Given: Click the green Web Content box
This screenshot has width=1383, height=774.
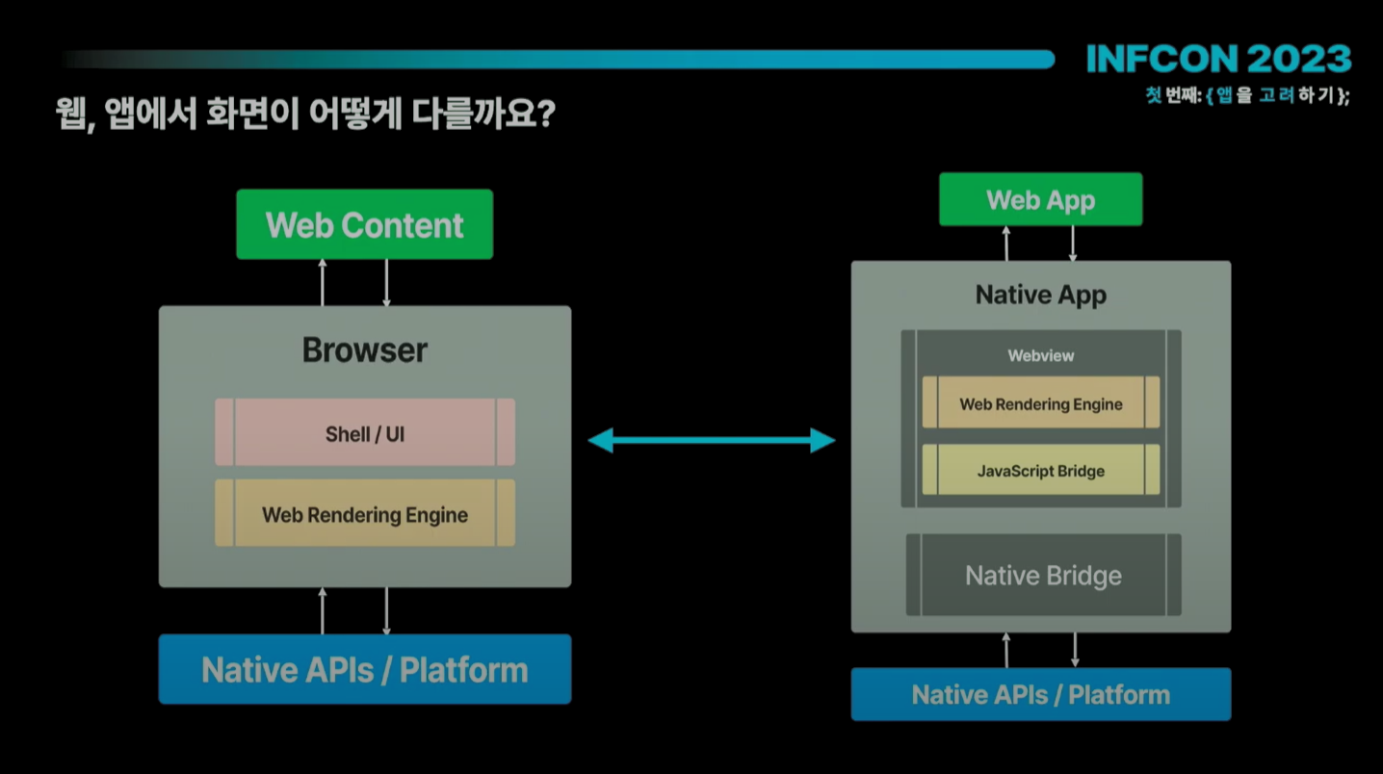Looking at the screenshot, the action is [364, 224].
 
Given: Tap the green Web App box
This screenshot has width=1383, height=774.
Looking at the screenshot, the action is [1040, 199].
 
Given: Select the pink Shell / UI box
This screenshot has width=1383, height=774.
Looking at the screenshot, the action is [365, 432].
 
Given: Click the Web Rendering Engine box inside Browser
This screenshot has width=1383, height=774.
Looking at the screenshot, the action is [365, 513].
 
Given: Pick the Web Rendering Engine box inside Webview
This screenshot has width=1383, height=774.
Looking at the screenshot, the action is [1040, 402].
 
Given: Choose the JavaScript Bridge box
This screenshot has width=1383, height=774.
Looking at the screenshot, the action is [1040, 470].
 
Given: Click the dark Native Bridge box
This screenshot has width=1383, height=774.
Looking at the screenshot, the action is [1043, 575].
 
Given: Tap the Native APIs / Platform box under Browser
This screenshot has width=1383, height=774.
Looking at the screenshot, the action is [365, 669].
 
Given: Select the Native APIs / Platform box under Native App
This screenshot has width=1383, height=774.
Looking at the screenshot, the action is [1041, 694].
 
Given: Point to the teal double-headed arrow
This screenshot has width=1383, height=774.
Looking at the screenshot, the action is [712, 441].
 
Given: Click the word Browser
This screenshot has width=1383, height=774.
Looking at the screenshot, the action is [364, 350].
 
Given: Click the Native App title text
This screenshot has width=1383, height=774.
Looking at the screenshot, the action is [1041, 295].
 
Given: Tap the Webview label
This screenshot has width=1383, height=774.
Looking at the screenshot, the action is [1041, 355].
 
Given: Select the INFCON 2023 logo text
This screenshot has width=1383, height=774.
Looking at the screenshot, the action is [1218, 59].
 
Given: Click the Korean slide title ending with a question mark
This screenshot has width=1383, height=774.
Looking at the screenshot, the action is [305, 114].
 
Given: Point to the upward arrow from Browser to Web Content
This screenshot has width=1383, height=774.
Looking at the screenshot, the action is [323, 283].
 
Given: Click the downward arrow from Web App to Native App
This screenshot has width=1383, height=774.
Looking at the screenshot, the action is [1073, 244].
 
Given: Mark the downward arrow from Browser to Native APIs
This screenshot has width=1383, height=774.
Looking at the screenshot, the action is [386, 611].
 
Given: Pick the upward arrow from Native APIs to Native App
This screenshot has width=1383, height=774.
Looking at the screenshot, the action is [1006, 650].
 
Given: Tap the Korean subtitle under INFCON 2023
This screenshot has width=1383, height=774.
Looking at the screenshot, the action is [1248, 95].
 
